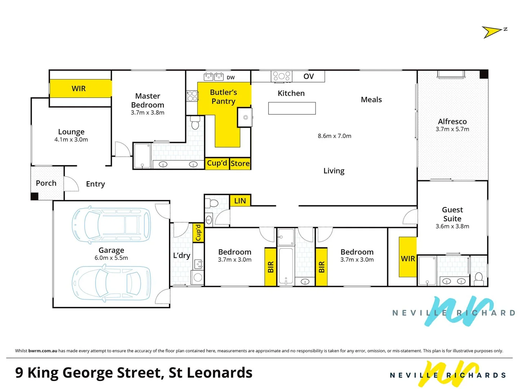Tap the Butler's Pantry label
point(223,97)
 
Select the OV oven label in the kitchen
point(309,76)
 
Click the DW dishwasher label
point(231,77)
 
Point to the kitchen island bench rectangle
point(292,108)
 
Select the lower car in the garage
point(111,283)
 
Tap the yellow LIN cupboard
point(240,201)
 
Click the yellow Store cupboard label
point(240,164)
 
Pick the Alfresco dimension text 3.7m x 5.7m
point(452,129)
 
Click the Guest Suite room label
point(452,214)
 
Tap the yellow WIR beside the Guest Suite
point(408,259)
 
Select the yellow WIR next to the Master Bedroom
point(79,89)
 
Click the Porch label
point(46,183)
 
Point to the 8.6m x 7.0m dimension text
point(334,136)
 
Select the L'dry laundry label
point(182,255)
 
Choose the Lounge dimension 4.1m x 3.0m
point(71,140)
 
